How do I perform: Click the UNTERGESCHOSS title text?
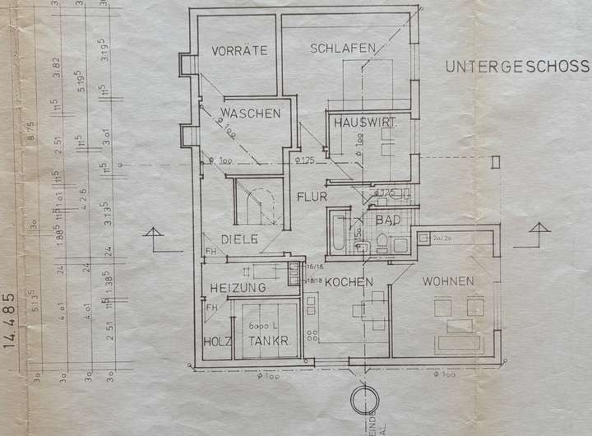(518, 67)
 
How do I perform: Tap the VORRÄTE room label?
(239, 50)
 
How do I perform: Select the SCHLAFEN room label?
(343, 49)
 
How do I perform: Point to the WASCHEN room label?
(250, 114)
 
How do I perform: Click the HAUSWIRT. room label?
(365, 123)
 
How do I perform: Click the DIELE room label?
(239, 239)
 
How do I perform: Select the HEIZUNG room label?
(237, 288)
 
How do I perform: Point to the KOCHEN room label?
(349, 282)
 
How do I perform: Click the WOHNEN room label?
(448, 282)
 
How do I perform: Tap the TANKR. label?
(265, 341)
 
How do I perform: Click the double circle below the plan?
(362, 401)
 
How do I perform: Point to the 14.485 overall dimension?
(11, 320)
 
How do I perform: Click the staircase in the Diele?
(257, 205)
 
